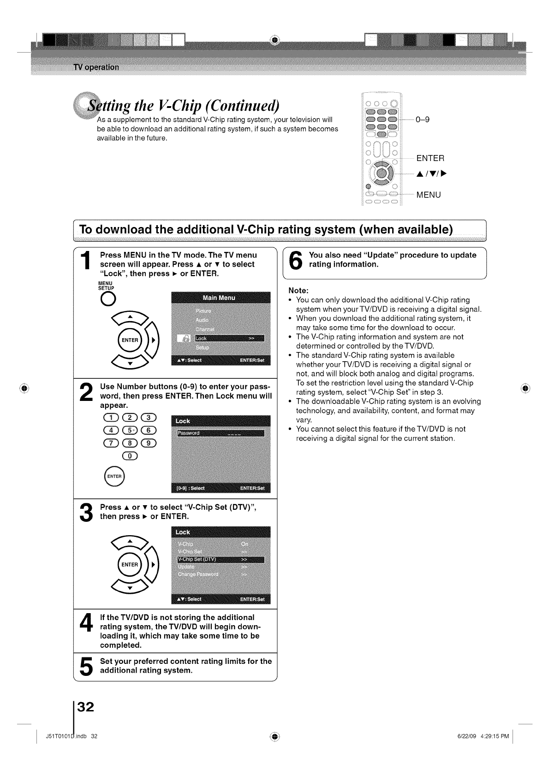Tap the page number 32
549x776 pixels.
(x=85, y=707)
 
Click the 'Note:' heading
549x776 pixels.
(x=298, y=291)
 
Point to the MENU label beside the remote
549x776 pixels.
(x=429, y=195)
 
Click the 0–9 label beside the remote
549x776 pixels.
(x=422, y=119)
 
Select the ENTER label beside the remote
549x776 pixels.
(x=430, y=159)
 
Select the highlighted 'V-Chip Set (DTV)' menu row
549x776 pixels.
(x=221, y=560)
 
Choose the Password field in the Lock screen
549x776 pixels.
(x=221, y=433)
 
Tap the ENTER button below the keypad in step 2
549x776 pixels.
(x=114, y=476)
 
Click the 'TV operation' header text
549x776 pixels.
(x=96, y=67)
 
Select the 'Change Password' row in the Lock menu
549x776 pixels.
(x=221, y=574)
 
